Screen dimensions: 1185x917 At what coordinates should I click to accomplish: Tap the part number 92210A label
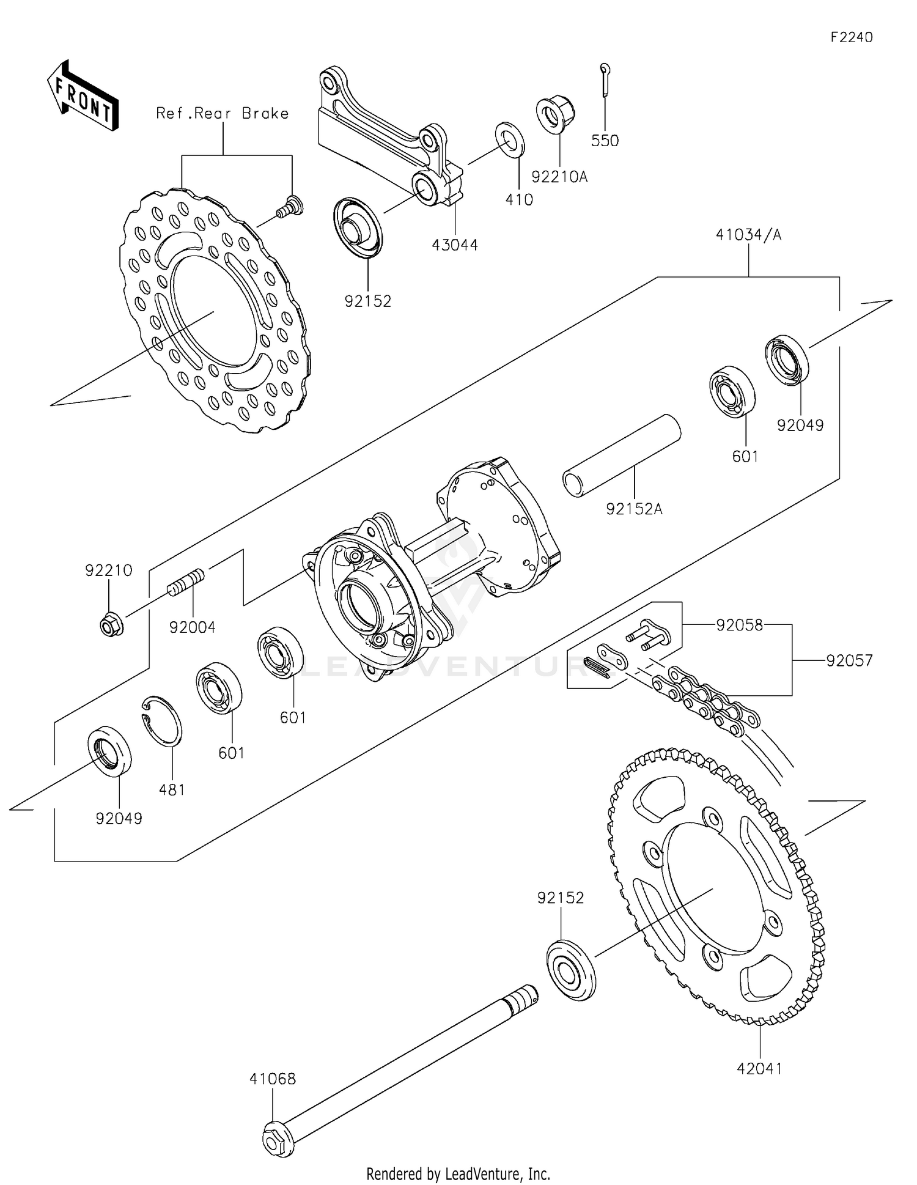(x=559, y=177)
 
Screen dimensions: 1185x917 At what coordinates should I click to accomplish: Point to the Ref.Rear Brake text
(x=222, y=113)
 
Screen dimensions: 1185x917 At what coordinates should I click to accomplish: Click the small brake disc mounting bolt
(x=289, y=206)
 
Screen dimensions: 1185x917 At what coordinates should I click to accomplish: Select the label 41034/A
(x=748, y=235)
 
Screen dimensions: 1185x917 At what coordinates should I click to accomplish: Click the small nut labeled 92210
(x=111, y=624)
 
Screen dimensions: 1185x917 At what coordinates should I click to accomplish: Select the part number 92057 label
(x=849, y=660)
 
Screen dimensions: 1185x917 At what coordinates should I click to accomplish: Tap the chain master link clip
(x=596, y=668)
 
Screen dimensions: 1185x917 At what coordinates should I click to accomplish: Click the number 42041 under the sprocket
(x=759, y=1069)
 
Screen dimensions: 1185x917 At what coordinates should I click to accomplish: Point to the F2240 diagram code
(x=851, y=37)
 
